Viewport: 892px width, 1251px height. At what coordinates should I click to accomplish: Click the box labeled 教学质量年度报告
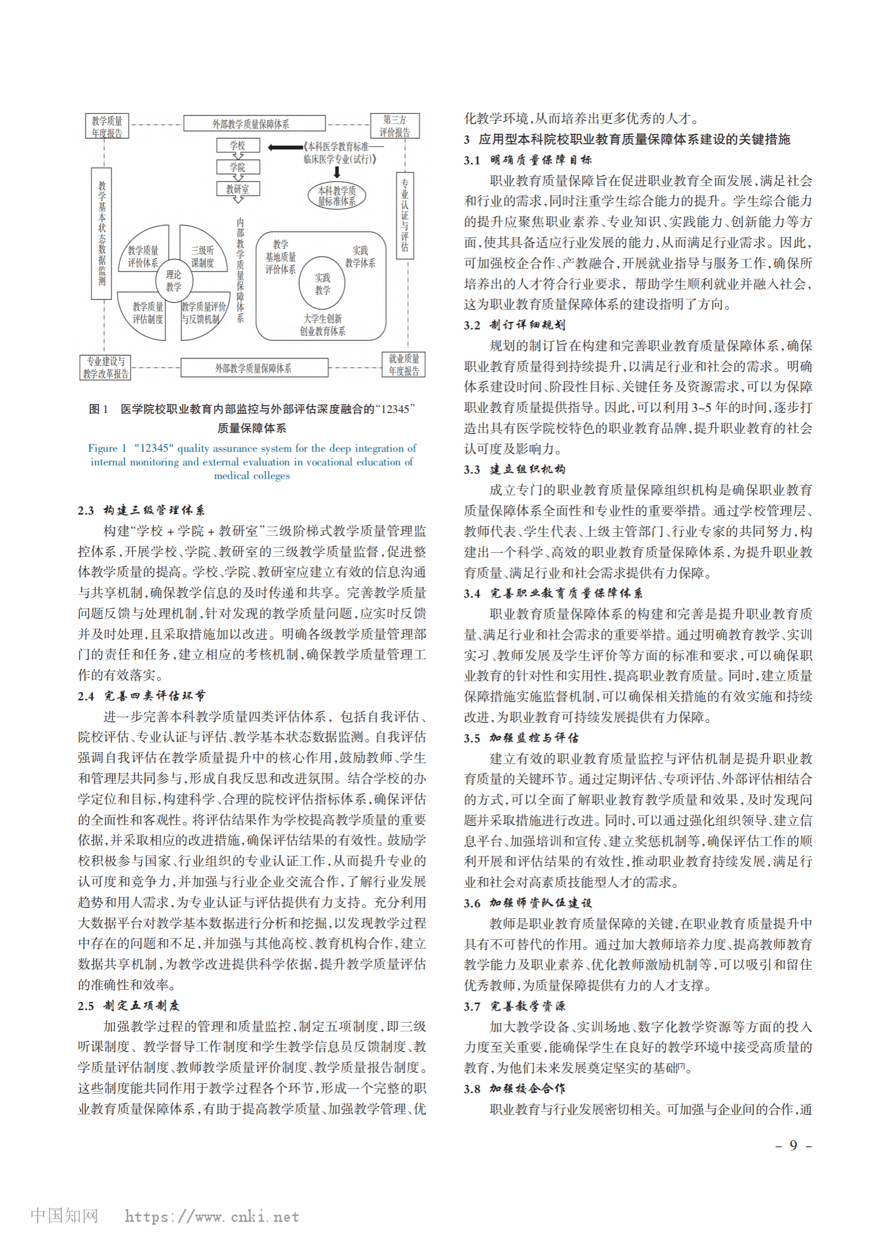tap(107, 126)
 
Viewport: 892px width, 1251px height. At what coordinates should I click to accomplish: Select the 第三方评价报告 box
tap(395, 126)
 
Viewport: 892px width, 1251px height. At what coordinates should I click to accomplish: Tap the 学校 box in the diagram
tap(237, 145)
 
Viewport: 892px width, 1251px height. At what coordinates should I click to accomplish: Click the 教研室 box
tap(237, 189)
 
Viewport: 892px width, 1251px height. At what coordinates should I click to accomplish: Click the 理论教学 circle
tap(174, 280)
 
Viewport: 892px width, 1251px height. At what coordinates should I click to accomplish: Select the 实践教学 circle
tap(322, 283)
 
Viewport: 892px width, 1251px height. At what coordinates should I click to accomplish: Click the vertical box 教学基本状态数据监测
tap(102, 233)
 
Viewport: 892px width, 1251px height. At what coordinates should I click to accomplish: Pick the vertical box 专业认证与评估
tap(405, 216)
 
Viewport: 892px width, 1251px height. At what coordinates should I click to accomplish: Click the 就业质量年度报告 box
tap(404, 364)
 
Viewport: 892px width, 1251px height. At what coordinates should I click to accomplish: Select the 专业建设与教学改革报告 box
tap(106, 367)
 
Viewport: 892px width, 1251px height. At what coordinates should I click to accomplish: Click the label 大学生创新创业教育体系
tap(322, 324)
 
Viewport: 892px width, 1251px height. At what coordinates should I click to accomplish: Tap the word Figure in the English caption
tap(103, 448)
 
